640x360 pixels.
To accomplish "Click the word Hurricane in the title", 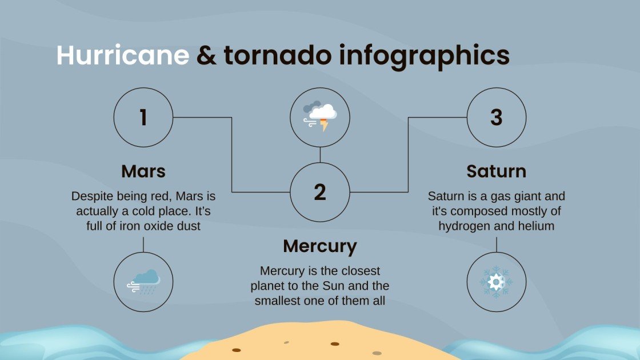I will pos(122,56).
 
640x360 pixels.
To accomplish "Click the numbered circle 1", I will pos(143,117).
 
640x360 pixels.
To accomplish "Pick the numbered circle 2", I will pos(320,192).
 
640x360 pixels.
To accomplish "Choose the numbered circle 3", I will pos(496,117).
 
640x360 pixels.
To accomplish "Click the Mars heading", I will pos(143,171).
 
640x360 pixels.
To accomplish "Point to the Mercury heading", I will pos(320,246).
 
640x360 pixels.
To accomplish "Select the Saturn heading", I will pos(496,171).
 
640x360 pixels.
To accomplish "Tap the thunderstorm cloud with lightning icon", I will pos(320,117).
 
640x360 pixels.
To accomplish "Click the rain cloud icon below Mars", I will pos(143,282).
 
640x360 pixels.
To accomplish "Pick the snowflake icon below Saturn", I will pos(496,282).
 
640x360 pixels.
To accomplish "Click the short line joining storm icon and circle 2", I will pos(320,154).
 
